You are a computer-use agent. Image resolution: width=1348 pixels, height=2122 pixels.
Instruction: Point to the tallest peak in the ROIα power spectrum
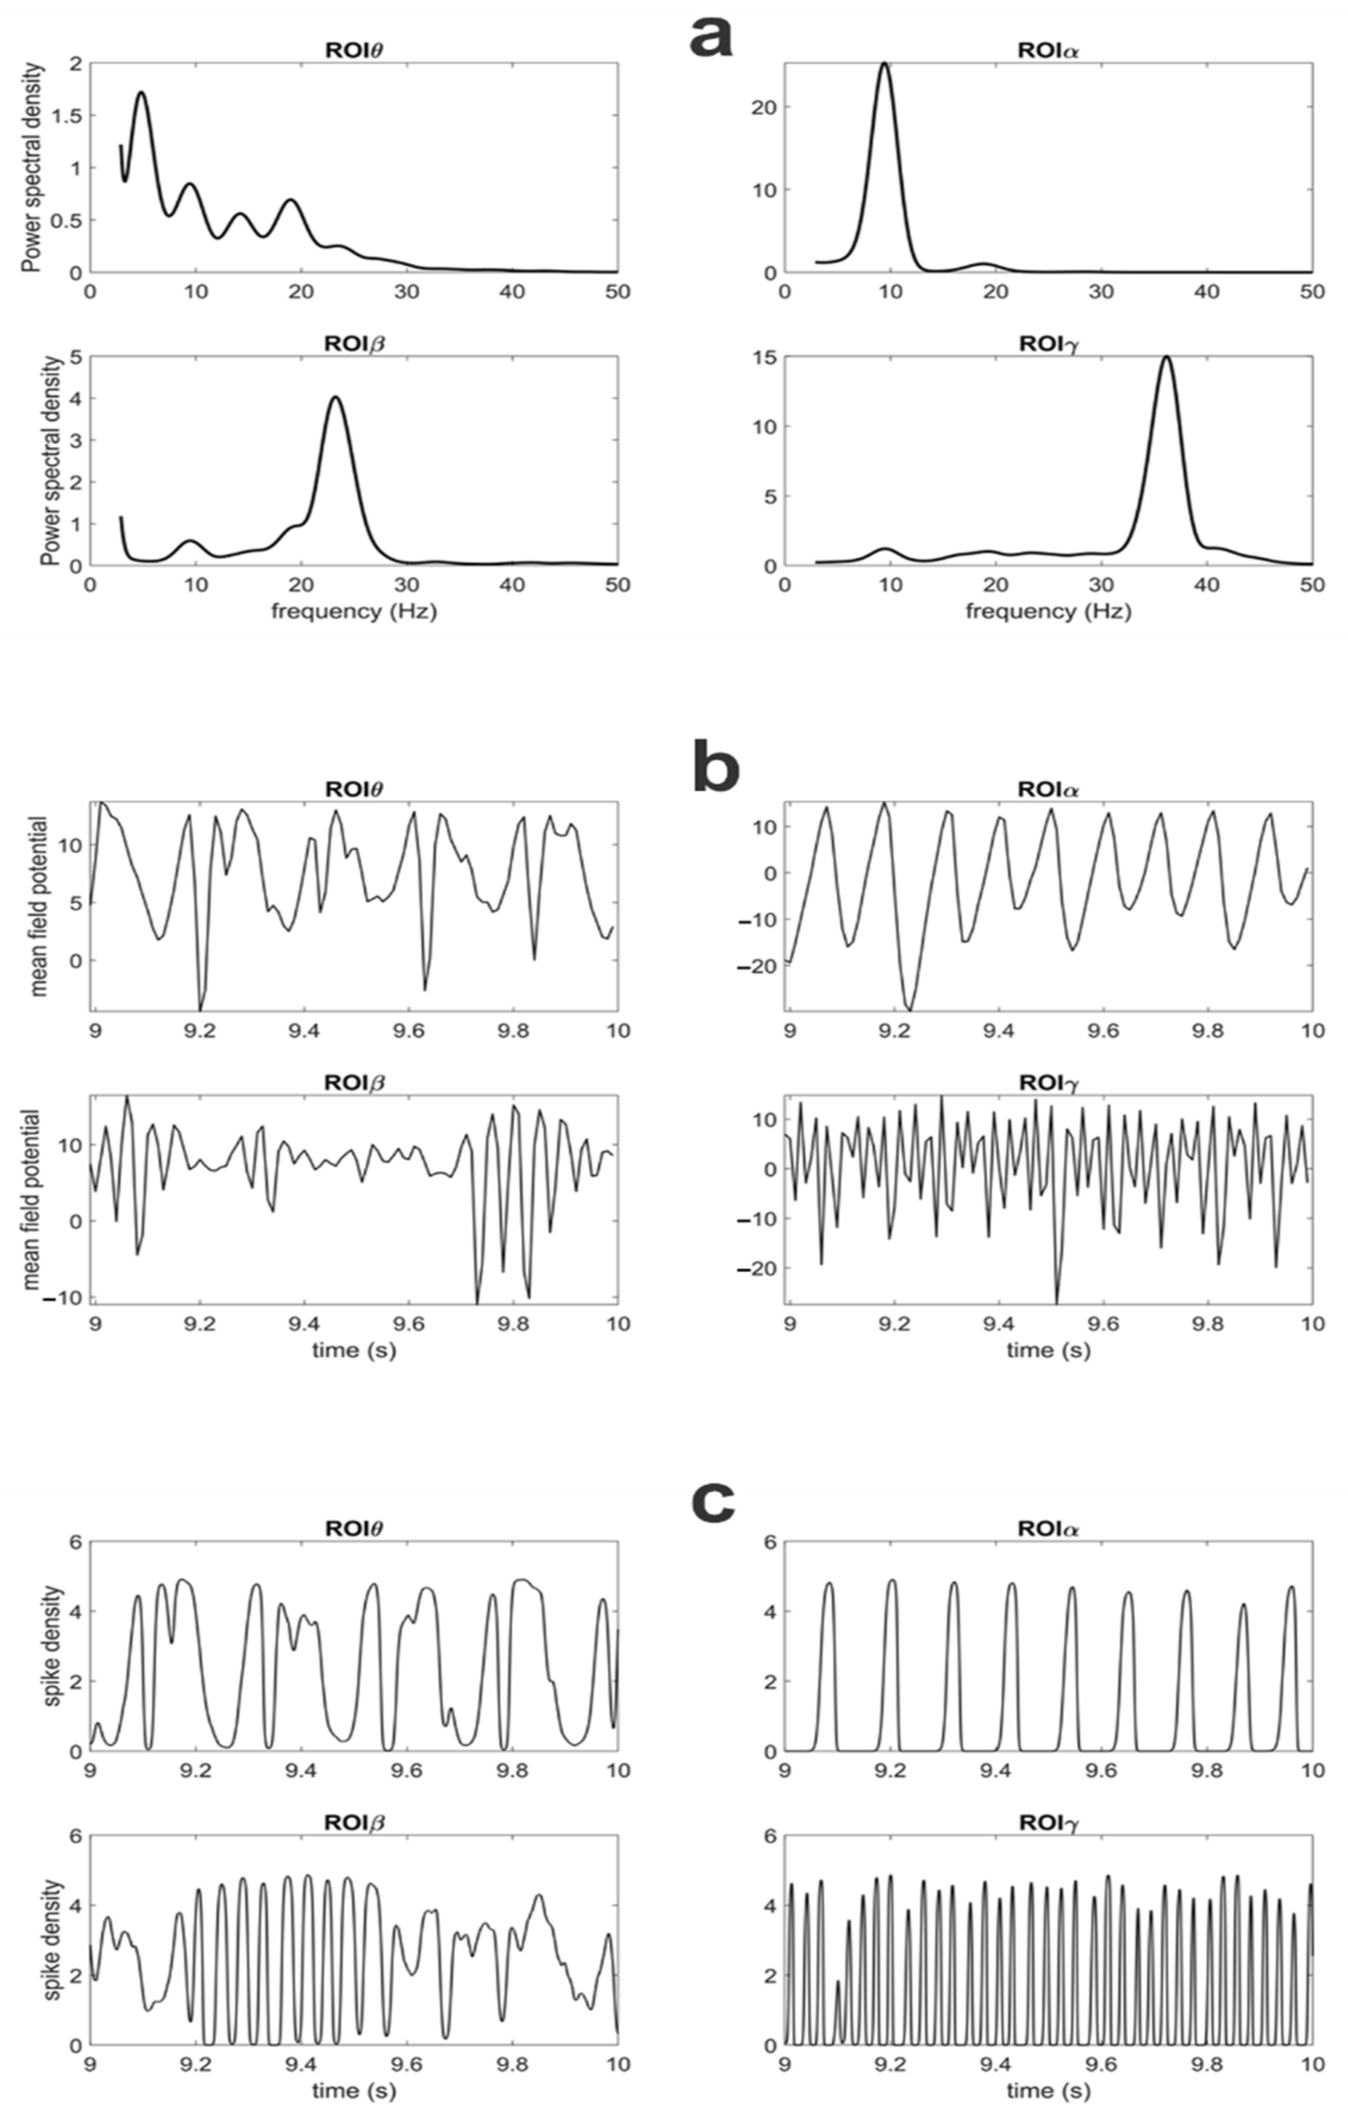click(884, 63)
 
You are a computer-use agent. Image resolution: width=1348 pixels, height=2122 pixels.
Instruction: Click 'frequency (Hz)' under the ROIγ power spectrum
click(1047, 611)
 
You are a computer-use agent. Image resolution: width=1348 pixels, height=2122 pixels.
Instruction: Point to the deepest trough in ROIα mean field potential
click(909, 1009)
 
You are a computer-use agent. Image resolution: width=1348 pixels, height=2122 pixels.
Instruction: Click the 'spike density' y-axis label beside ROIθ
click(53, 1645)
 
